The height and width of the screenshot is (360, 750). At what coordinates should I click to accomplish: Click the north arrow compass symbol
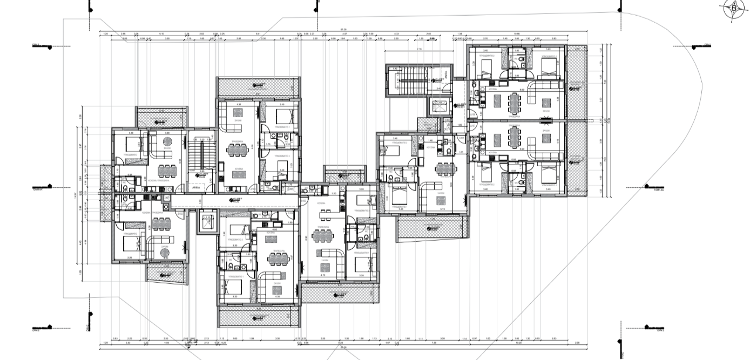point(733,8)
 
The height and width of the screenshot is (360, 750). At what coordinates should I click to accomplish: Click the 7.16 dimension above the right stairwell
point(420,49)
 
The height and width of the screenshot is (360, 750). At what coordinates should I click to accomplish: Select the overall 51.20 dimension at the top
point(343,29)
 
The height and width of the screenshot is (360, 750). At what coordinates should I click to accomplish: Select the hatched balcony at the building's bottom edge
point(258,317)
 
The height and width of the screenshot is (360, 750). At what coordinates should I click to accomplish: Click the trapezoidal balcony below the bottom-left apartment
point(167,273)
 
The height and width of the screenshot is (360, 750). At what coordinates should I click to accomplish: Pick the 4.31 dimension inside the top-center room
point(238,104)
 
